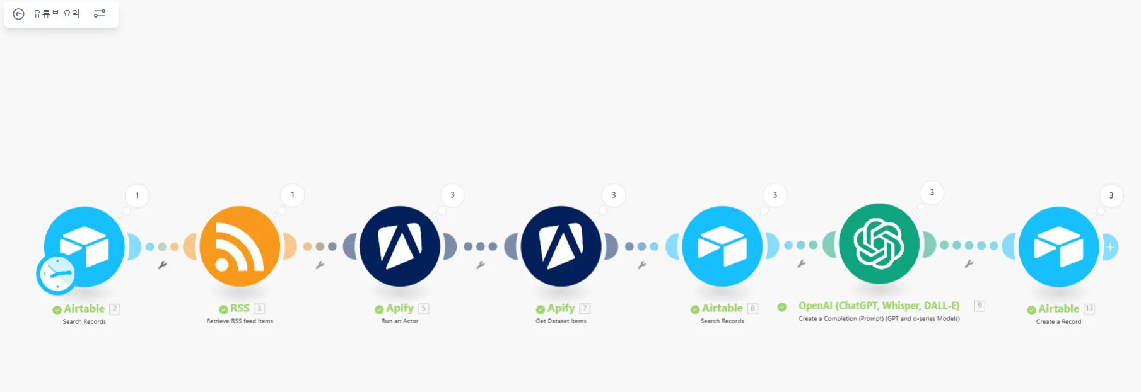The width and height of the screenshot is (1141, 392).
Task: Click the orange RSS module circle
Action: pos(240,246)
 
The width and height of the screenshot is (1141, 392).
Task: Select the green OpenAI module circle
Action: pos(879,243)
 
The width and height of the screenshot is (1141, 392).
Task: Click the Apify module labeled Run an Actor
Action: pos(400,246)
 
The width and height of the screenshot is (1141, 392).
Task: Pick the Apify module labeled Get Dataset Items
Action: pos(561,246)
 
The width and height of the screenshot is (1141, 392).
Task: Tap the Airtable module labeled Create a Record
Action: pos(1059,246)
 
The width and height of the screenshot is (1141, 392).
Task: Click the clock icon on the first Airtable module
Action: pos(57,275)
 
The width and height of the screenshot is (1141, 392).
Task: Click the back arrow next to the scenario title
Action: pos(19,14)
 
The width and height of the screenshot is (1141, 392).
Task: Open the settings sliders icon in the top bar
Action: pos(100,13)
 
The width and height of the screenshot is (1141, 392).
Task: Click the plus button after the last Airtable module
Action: pos(1110,247)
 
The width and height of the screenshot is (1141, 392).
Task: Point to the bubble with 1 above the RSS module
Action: pos(293,195)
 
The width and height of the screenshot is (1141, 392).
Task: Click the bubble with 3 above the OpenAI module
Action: pos(932,192)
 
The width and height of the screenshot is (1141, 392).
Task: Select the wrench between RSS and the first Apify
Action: pos(320,265)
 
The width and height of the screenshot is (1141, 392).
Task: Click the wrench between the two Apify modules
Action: pos(481,265)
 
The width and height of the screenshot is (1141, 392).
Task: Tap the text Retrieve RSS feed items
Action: pos(240,321)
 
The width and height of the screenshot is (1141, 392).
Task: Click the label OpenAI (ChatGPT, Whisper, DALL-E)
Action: pos(879,306)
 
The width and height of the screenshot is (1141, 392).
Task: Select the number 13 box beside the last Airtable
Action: pos(1089,309)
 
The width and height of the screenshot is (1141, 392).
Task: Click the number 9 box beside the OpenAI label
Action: pos(980,306)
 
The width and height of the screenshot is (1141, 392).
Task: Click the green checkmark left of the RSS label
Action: pos(223,309)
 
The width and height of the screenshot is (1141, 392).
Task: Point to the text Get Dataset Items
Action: pos(561,321)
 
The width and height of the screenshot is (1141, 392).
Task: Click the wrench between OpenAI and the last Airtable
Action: pos(969,264)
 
